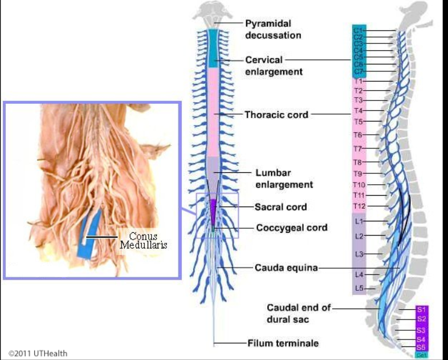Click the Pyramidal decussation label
pos(273,29)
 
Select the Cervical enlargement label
pos(274,66)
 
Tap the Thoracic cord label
pos(276,115)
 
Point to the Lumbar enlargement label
pos(284,179)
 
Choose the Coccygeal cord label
pos(292,228)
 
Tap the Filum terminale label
pos(283,343)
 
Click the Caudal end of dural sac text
pos(298,313)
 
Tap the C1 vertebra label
pos(358,30)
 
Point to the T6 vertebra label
pos(358,135)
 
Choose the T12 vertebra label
pos(359,205)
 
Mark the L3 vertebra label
pos(359,253)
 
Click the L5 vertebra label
pos(359,289)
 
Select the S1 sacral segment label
pos(421,310)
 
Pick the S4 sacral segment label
pos(421,339)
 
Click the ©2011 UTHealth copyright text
pos(38,353)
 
